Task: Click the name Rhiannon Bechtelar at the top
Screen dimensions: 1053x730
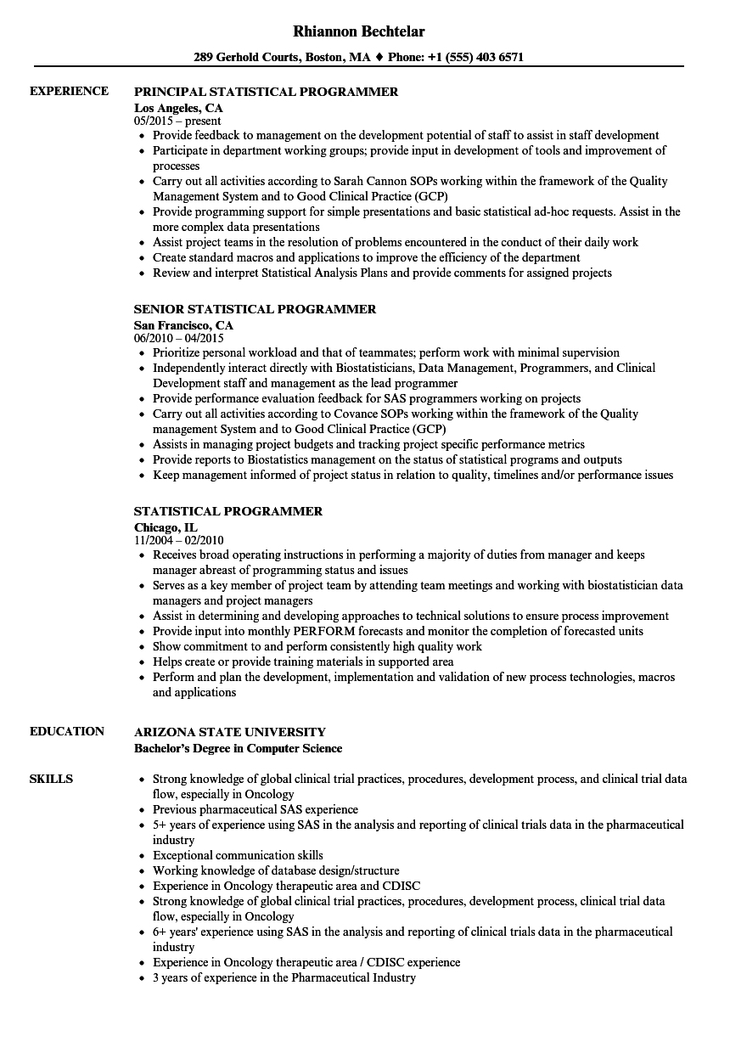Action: (x=358, y=31)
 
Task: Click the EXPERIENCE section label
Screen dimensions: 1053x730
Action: (x=69, y=91)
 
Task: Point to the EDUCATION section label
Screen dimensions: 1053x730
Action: (x=67, y=731)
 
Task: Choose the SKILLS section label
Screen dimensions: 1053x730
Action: (x=51, y=779)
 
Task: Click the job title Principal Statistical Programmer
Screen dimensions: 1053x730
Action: (x=266, y=92)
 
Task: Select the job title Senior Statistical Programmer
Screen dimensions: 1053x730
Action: (x=255, y=309)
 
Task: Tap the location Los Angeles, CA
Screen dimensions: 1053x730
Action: (x=178, y=108)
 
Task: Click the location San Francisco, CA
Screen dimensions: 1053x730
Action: (x=183, y=325)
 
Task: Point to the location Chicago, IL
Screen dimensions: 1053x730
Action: (x=166, y=527)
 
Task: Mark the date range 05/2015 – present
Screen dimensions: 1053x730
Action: (x=177, y=121)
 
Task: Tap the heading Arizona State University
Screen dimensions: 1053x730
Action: (x=229, y=731)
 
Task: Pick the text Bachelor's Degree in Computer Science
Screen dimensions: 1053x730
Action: (x=238, y=748)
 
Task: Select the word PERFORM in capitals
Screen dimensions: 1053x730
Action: (x=317, y=631)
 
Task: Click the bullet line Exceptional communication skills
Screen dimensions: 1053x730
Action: (x=238, y=855)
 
